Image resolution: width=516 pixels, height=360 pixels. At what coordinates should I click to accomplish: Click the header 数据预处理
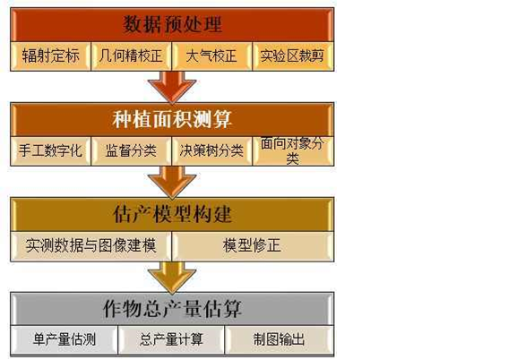[x=172, y=25]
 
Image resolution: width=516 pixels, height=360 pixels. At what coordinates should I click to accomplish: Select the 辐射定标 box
[x=51, y=56]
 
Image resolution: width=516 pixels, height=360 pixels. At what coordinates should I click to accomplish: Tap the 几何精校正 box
[x=132, y=56]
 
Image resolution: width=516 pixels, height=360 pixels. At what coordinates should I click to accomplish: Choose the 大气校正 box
[x=212, y=56]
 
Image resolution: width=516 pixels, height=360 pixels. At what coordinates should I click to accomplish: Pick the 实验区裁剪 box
[x=293, y=56]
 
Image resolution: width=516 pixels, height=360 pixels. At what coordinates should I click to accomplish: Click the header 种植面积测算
[x=172, y=119]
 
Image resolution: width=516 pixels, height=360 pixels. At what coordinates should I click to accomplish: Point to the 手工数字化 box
[x=51, y=151]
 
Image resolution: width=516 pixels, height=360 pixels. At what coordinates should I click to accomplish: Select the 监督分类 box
[x=132, y=151]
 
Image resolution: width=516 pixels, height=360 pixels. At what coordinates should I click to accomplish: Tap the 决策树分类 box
[x=212, y=151]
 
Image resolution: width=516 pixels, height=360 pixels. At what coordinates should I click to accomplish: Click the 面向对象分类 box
[x=293, y=151]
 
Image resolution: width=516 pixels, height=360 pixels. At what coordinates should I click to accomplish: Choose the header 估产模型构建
[x=172, y=214]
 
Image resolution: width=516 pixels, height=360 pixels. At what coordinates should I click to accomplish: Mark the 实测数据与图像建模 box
[x=90, y=246]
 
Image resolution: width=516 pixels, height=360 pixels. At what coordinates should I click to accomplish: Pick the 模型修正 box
[x=253, y=246]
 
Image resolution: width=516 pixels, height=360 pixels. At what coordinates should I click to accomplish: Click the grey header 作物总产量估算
[x=172, y=309]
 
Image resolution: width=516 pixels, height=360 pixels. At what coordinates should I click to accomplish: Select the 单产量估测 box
[x=64, y=340]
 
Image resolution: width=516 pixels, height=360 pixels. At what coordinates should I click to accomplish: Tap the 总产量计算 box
[x=171, y=340]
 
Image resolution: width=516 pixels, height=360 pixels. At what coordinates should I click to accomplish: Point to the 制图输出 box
[x=279, y=340]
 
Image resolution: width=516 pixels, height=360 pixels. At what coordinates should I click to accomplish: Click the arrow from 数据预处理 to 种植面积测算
[x=172, y=87]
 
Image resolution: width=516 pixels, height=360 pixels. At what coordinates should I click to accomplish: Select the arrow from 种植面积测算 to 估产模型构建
[x=172, y=182]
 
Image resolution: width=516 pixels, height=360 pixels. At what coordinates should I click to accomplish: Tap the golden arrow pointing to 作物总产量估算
[x=172, y=278]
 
